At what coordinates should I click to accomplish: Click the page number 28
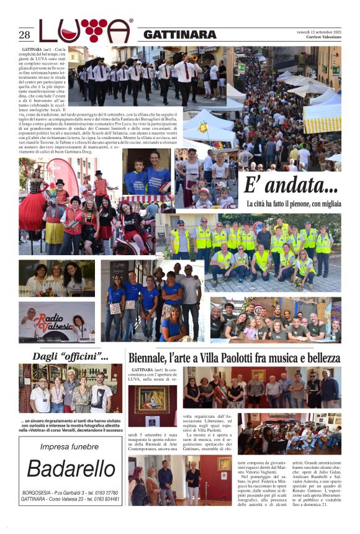click(24, 35)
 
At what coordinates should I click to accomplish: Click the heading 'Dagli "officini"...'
click(70, 356)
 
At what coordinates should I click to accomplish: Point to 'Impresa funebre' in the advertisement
click(70, 446)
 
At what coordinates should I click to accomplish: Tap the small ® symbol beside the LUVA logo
click(131, 21)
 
